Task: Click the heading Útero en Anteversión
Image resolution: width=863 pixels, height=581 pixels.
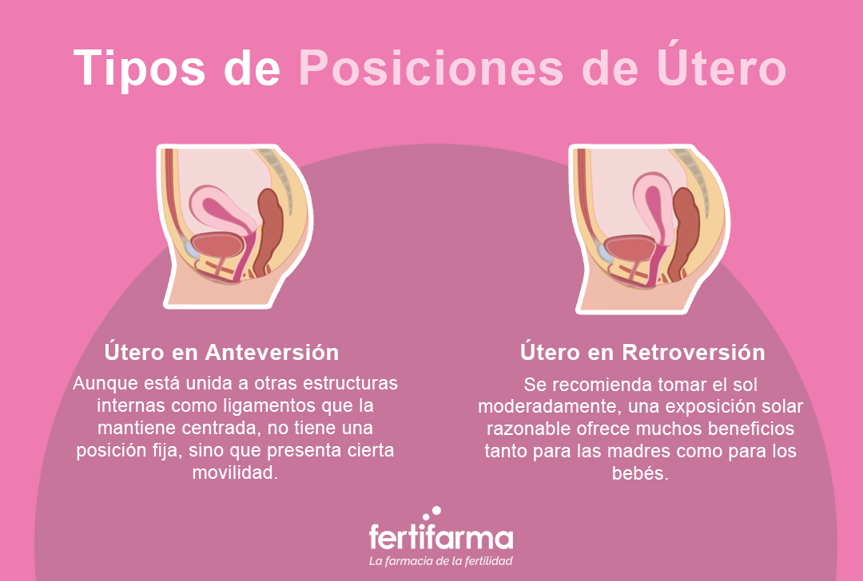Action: coord(222,352)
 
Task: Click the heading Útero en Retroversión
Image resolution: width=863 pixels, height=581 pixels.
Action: coord(642,352)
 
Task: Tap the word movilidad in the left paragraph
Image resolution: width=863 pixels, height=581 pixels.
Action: coord(235,472)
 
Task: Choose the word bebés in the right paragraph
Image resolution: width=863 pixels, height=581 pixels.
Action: coord(642,474)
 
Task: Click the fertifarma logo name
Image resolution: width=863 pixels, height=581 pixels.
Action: coord(441,536)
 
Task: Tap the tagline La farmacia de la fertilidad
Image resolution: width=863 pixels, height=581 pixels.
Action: coord(441,561)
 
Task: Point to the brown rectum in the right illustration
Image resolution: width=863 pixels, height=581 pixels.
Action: coord(686,227)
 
